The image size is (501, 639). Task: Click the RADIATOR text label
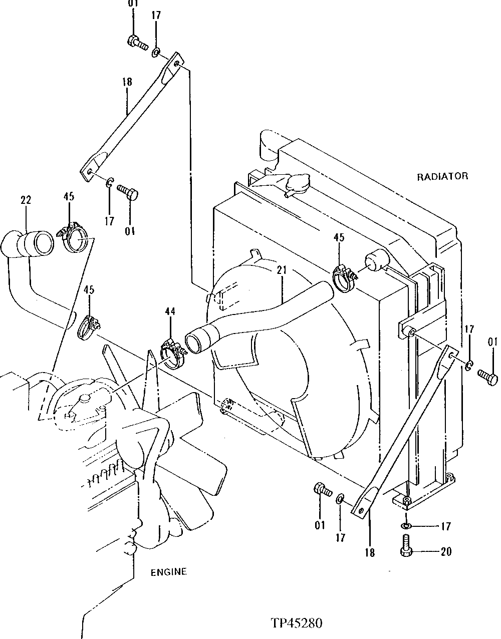point(442,176)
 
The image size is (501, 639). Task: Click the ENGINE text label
point(168,572)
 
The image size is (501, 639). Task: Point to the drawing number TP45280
point(296,623)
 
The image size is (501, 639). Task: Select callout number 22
point(26,200)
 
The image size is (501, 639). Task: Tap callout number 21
point(281,270)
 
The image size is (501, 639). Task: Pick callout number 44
point(170,312)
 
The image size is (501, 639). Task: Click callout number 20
point(445,551)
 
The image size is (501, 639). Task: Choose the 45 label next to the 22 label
point(69,197)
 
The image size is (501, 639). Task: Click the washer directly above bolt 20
point(406,525)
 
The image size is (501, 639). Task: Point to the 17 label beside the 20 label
point(445,526)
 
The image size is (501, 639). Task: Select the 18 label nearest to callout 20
point(370,553)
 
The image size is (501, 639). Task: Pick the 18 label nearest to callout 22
point(127,82)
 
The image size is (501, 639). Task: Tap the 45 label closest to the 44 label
point(89,290)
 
